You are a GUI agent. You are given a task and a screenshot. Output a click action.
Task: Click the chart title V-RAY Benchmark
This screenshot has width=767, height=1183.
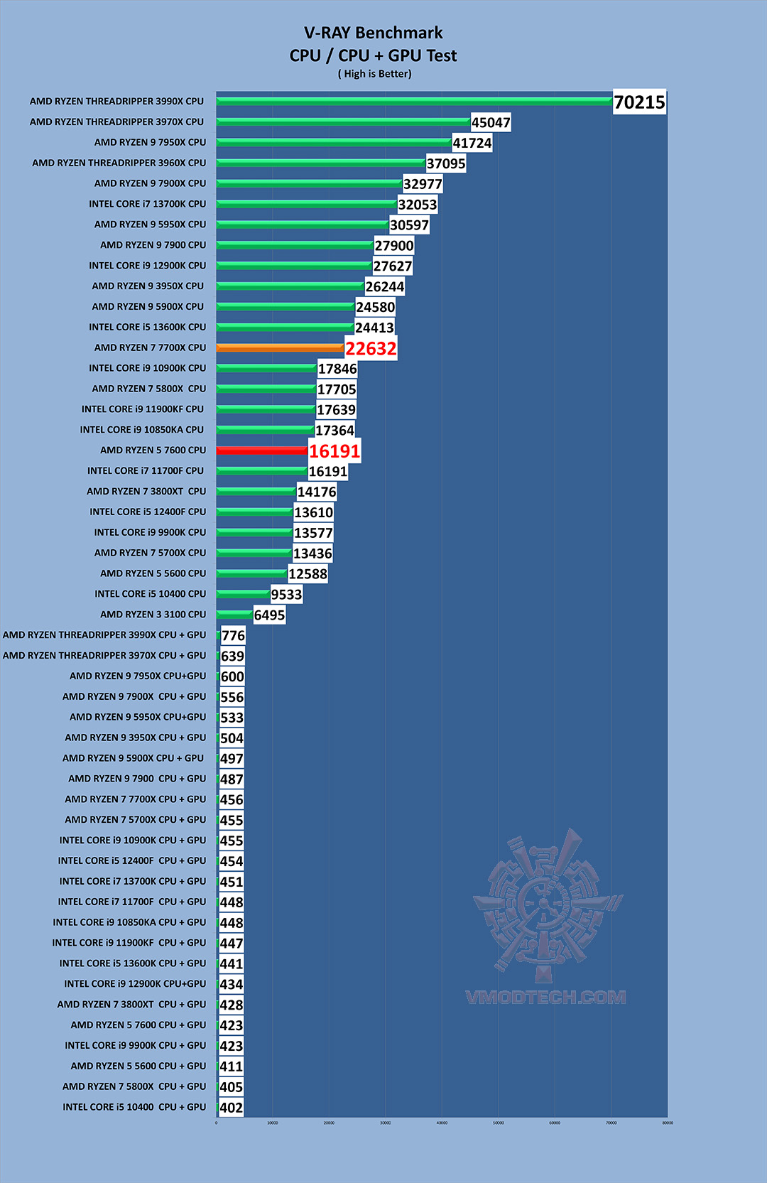pyautogui.click(x=373, y=33)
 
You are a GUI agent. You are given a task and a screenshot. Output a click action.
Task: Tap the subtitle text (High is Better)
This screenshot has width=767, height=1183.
pyautogui.click(x=374, y=74)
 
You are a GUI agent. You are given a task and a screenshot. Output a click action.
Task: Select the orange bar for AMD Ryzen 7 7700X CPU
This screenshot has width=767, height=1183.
pyautogui.click(x=280, y=348)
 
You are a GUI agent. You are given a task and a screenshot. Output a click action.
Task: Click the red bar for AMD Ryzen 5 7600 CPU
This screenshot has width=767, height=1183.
pyautogui.click(x=261, y=450)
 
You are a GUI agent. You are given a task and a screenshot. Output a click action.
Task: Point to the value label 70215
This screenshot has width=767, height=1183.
pyautogui.click(x=639, y=102)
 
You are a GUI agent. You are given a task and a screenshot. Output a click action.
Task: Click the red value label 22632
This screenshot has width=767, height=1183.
pyautogui.click(x=371, y=349)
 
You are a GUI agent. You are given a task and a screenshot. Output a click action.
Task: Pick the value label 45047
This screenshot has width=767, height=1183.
pyautogui.click(x=491, y=123)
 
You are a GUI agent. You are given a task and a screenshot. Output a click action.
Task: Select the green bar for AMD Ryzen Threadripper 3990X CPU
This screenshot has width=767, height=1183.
pyautogui.click(x=414, y=102)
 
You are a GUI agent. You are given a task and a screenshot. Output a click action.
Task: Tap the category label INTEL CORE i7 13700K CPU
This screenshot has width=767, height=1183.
pyautogui.click(x=148, y=204)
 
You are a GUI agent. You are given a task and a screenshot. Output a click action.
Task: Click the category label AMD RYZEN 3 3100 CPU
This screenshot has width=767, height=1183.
pyautogui.click(x=153, y=615)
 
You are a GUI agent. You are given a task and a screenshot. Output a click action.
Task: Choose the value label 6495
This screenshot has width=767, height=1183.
pyautogui.click(x=269, y=615)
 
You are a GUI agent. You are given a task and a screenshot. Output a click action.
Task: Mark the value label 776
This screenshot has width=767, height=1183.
pyautogui.click(x=233, y=636)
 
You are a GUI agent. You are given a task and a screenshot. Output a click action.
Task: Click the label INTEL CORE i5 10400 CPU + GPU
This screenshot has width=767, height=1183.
pyautogui.click(x=134, y=1107)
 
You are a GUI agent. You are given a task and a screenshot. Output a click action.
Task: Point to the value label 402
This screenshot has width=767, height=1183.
pyautogui.click(x=231, y=1108)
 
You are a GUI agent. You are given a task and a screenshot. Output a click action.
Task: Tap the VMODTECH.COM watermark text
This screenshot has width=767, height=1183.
pyautogui.click(x=545, y=998)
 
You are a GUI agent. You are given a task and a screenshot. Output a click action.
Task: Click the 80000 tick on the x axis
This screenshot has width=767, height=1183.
pyautogui.click(x=668, y=1123)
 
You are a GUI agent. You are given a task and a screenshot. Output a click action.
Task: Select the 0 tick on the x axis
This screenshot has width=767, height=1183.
pyautogui.click(x=217, y=1123)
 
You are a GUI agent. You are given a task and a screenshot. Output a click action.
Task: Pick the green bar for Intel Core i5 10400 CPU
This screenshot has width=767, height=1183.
pyautogui.click(x=243, y=594)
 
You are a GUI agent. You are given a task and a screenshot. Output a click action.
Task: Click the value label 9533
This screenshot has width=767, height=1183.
pyautogui.click(x=286, y=595)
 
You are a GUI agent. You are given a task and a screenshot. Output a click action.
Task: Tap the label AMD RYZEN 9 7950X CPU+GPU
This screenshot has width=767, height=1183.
pyautogui.click(x=138, y=676)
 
